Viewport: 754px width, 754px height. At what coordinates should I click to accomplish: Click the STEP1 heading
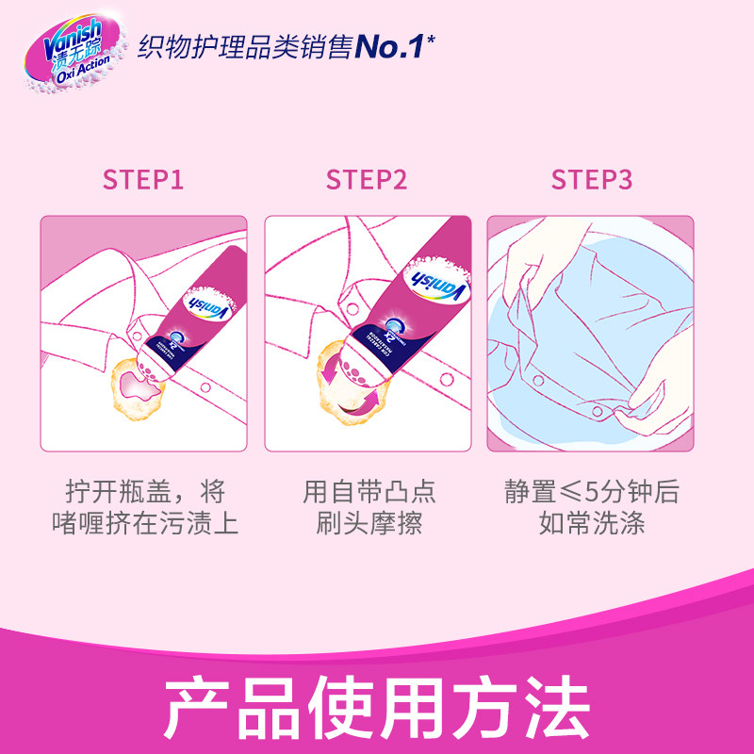[143, 180]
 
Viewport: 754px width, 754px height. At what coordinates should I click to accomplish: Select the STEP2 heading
[368, 180]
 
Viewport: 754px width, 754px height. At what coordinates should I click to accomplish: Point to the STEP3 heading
[592, 180]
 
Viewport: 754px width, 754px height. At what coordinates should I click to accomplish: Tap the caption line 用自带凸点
[368, 492]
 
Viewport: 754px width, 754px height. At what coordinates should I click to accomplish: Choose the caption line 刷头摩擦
[368, 524]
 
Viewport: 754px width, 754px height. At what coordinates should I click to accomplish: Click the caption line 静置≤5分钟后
[592, 492]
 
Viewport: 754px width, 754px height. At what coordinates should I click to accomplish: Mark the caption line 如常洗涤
[592, 524]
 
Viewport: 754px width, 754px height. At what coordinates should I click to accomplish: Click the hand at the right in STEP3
[660, 386]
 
